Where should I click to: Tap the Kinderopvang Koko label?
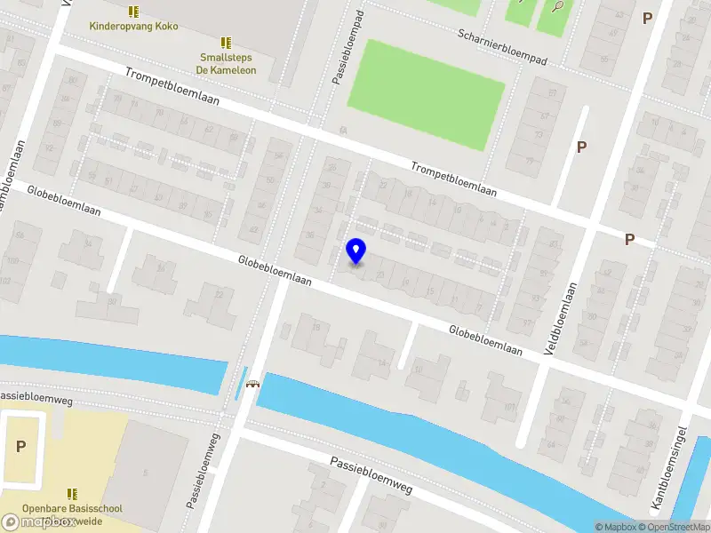click(133, 27)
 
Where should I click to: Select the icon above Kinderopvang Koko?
click(133, 12)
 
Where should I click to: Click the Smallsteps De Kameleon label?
click(226, 65)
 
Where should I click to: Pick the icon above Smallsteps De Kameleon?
click(226, 42)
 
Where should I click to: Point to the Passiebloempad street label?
click(348, 49)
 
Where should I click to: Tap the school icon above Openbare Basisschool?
click(73, 494)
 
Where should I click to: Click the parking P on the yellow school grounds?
click(20, 447)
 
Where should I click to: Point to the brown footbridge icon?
click(252, 384)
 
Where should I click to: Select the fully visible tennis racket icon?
click(556, 7)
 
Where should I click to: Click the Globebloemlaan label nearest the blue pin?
click(275, 270)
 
